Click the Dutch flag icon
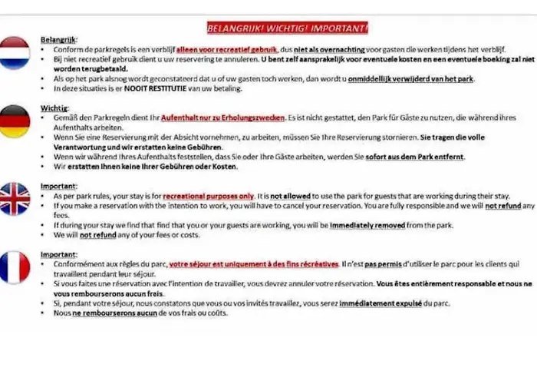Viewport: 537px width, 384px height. (15, 52)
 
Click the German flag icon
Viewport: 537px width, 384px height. (15, 122)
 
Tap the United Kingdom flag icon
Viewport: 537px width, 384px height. (15, 197)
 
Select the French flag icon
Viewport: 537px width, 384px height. (15, 267)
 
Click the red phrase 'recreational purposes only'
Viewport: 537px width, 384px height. (206, 196)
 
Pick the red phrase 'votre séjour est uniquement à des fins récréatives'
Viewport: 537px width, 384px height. (254, 264)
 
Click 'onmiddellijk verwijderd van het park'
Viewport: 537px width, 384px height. (411, 79)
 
